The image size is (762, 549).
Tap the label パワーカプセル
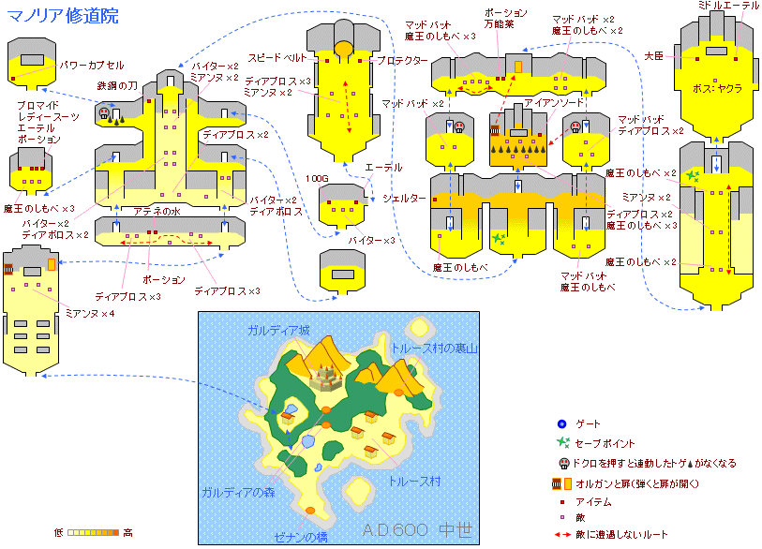point(91,66)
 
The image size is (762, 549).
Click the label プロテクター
point(402,61)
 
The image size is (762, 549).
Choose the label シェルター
point(404,199)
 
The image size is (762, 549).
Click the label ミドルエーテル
point(728,7)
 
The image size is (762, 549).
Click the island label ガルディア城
point(278,331)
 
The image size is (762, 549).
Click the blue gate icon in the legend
point(560,424)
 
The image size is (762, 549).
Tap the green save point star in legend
point(561,442)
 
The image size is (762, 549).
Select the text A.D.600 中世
point(417,530)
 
